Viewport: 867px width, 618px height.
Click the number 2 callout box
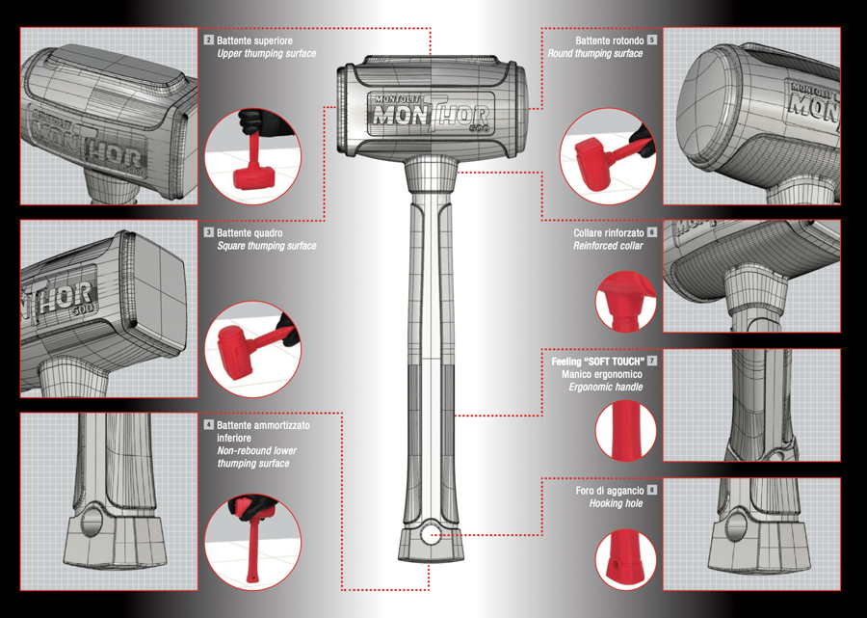click(209, 40)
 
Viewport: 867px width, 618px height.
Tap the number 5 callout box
click(652, 40)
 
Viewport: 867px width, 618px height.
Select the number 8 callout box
click(652, 490)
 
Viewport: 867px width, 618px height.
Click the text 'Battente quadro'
click(250, 233)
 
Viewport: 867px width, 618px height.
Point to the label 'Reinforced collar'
click(608, 246)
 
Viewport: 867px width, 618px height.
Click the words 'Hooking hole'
click(616, 503)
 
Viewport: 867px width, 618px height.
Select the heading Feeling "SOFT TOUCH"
click(597, 362)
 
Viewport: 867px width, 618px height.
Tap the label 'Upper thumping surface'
click(267, 54)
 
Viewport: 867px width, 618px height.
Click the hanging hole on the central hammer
click(430, 534)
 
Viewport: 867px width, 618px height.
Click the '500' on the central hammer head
click(476, 129)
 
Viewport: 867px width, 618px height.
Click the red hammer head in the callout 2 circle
click(252, 177)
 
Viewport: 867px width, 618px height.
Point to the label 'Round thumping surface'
click(595, 54)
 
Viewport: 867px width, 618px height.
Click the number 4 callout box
click(209, 425)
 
